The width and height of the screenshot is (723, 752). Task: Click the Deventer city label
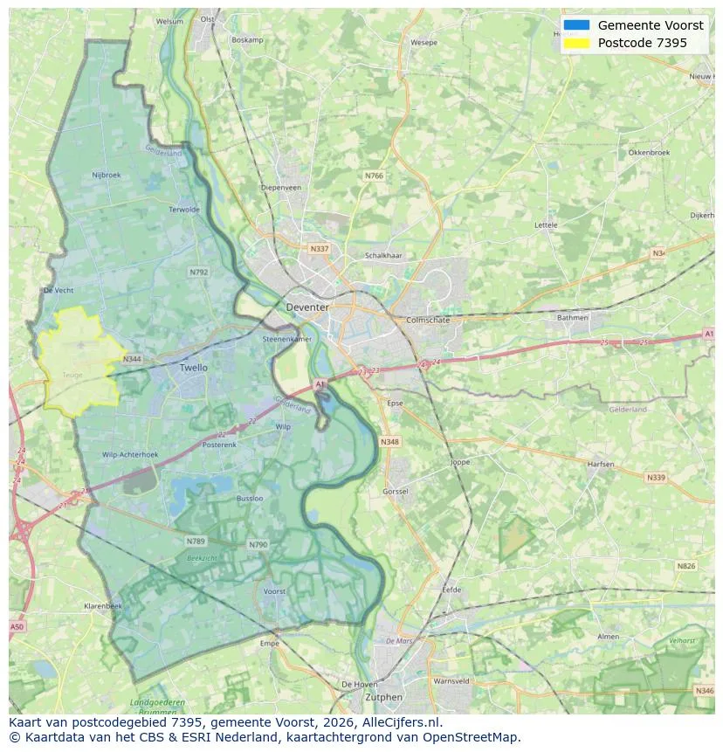point(307,307)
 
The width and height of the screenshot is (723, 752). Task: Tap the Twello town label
point(194,368)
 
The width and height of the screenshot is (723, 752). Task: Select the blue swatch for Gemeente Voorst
point(577,25)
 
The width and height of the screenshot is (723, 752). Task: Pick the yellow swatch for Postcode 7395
point(577,43)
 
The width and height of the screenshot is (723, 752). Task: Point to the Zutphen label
point(384,697)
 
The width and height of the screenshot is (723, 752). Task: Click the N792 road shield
point(199,273)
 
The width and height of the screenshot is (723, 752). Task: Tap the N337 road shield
point(320,249)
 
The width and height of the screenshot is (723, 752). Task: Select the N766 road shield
point(374,176)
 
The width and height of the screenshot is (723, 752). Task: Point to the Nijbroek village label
point(107,175)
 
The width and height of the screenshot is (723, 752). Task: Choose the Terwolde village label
point(184,210)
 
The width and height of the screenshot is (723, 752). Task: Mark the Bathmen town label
point(573,317)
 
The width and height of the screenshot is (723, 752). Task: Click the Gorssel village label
point(396,492)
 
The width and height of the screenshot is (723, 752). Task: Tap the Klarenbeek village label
point(103,605)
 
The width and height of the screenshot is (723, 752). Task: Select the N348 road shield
point(389,442)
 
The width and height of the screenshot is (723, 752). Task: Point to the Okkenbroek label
point(649,152)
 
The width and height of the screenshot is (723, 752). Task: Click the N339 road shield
point(655,478)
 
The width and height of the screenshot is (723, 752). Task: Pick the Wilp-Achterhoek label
point(130,455)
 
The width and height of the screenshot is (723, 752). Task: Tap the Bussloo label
point(250,498)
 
